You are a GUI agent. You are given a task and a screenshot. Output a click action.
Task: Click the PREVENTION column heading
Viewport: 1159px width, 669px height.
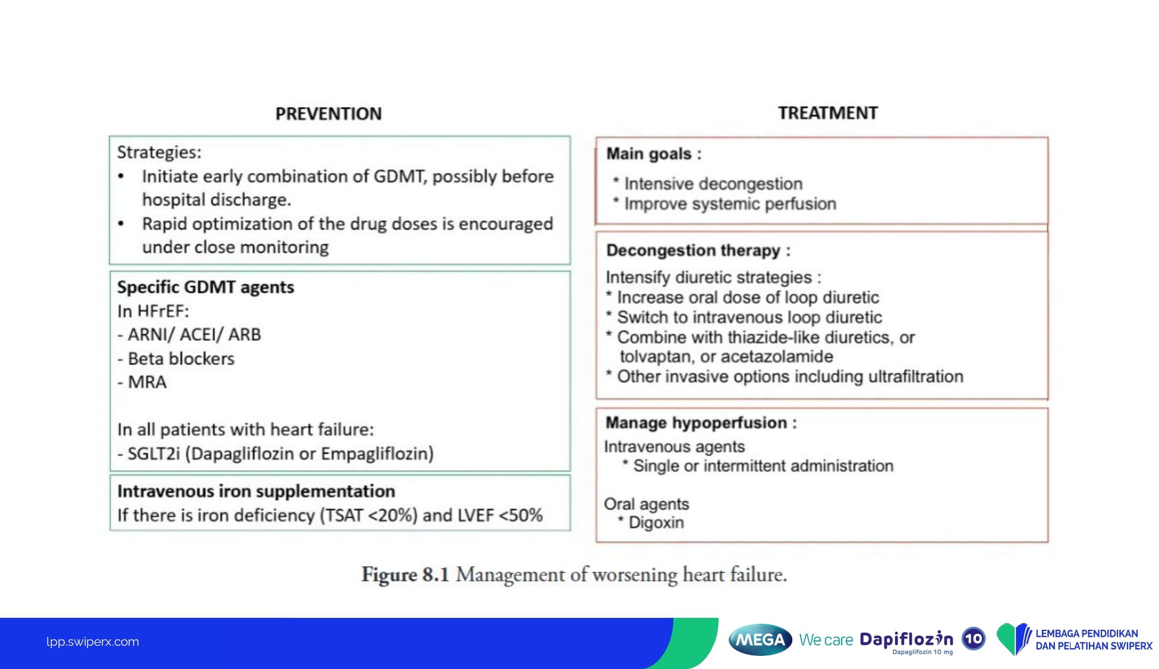329,114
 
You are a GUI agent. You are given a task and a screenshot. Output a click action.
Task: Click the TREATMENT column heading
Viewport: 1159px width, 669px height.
828,113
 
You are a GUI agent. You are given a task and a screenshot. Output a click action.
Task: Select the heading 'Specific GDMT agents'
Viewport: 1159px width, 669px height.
206,287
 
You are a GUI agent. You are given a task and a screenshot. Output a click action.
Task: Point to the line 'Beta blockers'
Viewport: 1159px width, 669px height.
181,359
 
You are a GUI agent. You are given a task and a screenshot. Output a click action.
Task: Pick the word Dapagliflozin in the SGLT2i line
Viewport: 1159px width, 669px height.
242,454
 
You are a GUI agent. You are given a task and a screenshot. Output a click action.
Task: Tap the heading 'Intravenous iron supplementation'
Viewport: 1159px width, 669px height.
256,491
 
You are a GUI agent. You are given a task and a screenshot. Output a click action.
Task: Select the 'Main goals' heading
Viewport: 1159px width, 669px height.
654,154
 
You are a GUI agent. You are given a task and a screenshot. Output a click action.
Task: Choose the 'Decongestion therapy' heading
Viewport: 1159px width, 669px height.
698,250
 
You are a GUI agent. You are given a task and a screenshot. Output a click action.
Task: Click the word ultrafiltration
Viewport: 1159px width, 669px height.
916,376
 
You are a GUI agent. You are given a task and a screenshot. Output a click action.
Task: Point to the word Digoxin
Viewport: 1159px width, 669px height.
656,523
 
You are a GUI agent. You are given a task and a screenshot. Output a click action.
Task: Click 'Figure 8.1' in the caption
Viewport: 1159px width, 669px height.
405,574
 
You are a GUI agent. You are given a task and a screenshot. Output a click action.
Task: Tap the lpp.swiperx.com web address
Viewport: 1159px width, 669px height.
93,642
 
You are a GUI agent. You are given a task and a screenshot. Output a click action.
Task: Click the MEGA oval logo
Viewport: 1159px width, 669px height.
760,640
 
